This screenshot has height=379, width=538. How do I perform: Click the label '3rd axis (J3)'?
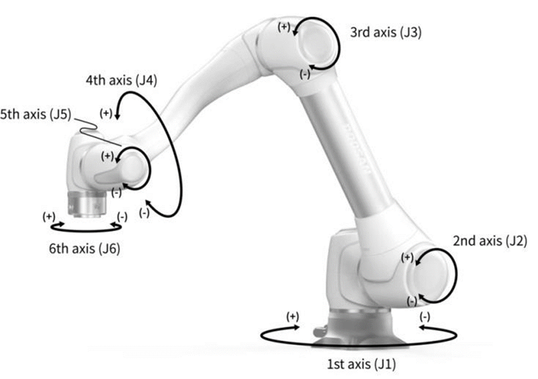[x=386, y=32]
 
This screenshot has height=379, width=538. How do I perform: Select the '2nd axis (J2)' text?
[x=490, y=241]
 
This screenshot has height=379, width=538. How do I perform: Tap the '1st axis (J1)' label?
[x=361, y=364]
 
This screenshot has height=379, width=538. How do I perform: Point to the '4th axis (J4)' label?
[x=121, y=81]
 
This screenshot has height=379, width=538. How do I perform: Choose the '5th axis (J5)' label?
[x=35, y=114]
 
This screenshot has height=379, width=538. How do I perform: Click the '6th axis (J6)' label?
[x=84, y=248]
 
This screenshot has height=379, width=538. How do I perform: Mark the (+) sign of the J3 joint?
[x=284, y=27]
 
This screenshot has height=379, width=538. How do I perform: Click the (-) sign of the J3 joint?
[x=305, y=73]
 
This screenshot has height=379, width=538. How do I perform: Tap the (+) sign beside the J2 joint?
[x=408, y=257]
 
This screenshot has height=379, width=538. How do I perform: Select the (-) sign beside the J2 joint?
[x=412, y=301]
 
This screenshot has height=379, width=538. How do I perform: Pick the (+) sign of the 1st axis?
[x=293, y=316]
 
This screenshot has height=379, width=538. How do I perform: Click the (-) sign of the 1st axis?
[x=425, y=316]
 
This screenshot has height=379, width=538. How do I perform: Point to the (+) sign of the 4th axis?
[x=106, y=113]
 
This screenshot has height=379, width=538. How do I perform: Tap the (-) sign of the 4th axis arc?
[x=144, y=213]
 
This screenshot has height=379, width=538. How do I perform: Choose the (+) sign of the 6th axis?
[x=49, y=217]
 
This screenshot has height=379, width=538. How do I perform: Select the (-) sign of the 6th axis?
[x=122, y=217]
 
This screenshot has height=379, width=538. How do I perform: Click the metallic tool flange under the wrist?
[x=87, y=204]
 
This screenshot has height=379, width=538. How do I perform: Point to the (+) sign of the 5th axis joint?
[x=108, y=156]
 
